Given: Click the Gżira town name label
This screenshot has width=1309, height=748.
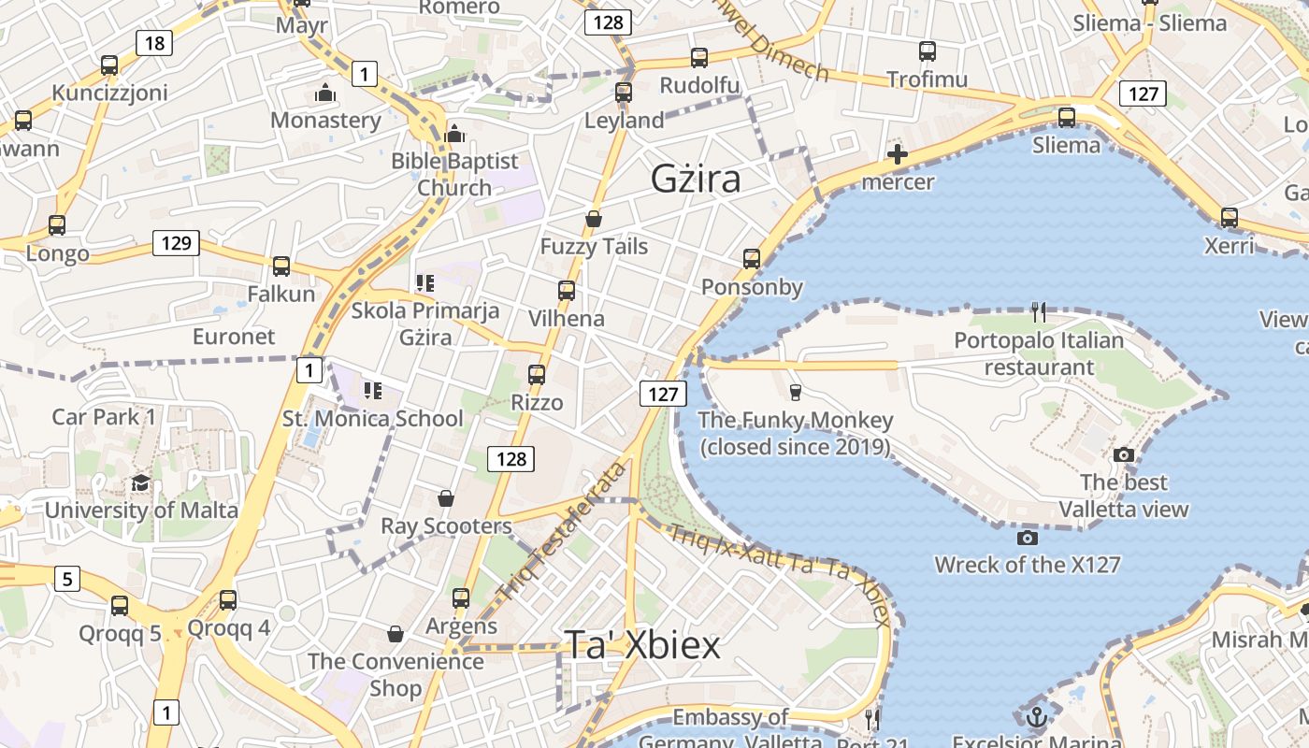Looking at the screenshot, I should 696,179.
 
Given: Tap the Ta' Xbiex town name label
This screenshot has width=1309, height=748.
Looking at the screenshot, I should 642,645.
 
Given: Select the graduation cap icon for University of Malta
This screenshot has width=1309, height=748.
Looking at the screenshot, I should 140,482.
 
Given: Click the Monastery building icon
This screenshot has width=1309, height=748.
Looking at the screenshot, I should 325,93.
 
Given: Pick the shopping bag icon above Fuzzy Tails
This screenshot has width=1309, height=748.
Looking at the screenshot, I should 593,219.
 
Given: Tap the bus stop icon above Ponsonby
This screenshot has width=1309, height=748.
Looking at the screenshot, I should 752,259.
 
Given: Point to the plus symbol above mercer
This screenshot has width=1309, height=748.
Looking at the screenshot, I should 898,154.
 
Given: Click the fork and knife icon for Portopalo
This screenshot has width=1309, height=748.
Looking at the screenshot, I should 1039,311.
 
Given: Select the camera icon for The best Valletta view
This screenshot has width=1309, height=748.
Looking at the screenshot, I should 1124,455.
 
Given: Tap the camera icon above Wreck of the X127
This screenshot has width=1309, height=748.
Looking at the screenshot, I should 1027,538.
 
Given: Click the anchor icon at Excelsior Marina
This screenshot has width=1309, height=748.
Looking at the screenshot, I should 1036,717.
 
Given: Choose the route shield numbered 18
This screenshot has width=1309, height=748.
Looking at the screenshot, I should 154,42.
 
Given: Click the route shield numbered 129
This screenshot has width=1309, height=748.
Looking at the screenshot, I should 176,244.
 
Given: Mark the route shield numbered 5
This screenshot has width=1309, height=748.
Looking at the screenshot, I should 66,580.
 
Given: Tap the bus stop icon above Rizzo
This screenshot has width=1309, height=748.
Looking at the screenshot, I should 537,375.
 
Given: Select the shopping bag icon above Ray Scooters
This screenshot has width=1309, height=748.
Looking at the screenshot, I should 446,498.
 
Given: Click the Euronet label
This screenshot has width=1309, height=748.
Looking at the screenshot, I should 234,337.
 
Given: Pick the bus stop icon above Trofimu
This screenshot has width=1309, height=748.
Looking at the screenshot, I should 927,51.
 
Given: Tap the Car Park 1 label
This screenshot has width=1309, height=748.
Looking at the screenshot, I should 104,417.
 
